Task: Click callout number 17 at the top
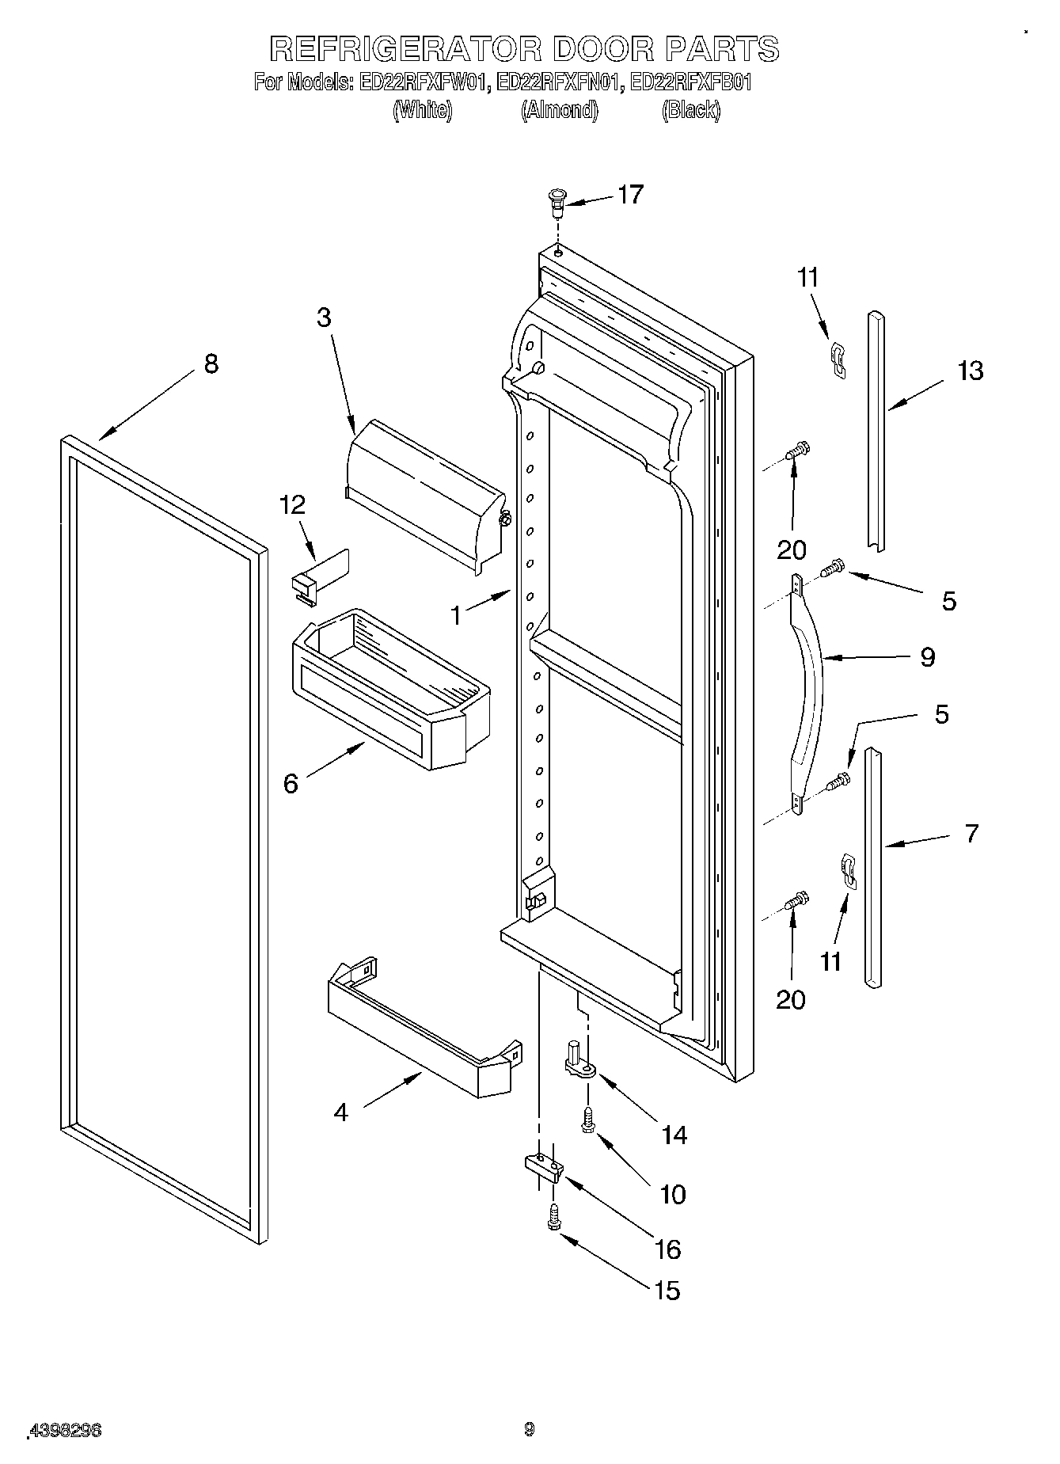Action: coord(630,195)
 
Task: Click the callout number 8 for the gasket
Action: coord(211,364)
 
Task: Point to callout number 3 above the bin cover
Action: coord(323,318)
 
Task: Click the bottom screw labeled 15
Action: coord(553,1218)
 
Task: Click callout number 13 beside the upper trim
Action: coord(971,371)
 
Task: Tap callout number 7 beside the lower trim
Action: coord(971,833)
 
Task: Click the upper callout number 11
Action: coord(807,278)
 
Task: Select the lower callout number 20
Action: coord(790,1000)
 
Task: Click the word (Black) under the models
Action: coord(690,110)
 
